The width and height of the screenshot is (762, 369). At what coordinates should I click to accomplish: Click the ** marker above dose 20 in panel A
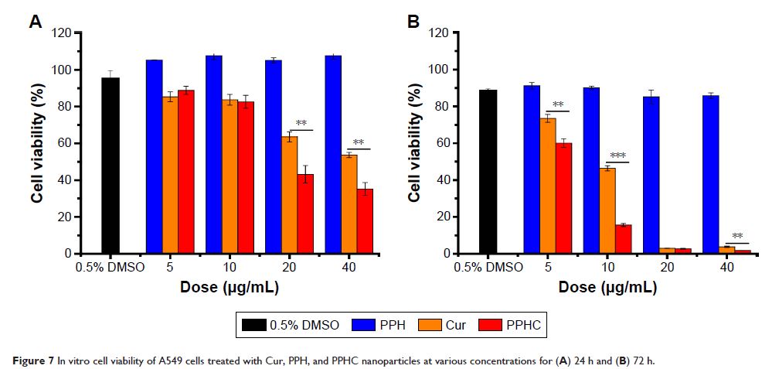click(x=301, y=124)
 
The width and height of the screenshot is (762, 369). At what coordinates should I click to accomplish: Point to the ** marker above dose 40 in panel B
click(x=738, y=237)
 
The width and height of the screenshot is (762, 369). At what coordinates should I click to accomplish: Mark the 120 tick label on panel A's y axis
click(x=61, y=33)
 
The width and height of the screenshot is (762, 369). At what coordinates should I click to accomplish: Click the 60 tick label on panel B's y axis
click(x=442, y=143)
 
